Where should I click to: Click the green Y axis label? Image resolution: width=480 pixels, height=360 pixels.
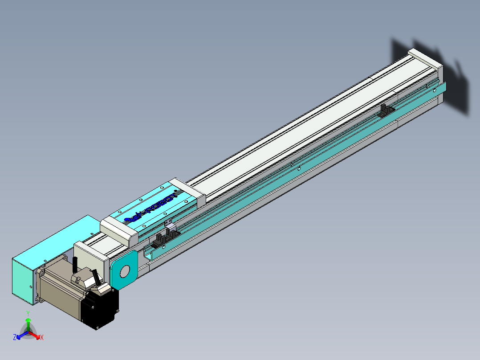(28, 313)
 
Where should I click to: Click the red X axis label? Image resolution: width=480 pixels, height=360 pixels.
(42, 338)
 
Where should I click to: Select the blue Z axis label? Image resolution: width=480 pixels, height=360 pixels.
(15, 337)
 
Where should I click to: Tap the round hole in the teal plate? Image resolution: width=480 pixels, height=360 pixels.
(125, 270)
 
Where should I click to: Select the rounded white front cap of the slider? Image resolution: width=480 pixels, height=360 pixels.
(118, 229)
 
